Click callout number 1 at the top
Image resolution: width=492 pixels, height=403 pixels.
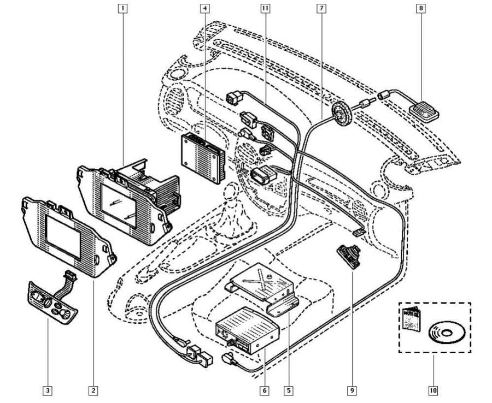tap(124, 8)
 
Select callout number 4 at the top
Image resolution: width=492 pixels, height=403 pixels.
tap(204, 8)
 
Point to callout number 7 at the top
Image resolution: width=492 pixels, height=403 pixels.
tap(321, 8)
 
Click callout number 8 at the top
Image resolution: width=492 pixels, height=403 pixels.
tap(421, 8)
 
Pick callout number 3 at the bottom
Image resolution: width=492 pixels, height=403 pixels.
tap(49, 390)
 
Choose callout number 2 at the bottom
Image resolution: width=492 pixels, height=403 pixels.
tap(94, 390)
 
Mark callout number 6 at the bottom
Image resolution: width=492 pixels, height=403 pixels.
tap(264, 390)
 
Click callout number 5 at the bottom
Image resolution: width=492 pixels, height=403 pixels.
tap(288, 390)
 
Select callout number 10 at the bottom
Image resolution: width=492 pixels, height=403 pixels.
tap(433, 390)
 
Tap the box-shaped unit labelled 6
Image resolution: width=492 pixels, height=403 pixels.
tap(248, 331)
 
